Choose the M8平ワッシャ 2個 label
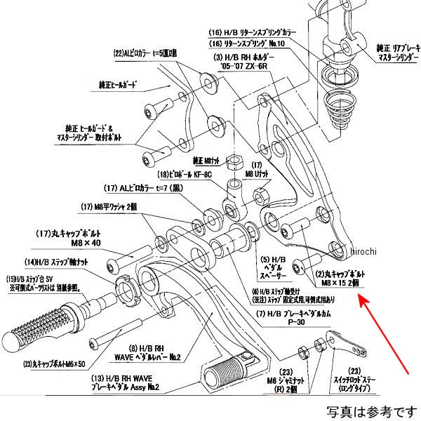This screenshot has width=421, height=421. pos(112,206)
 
